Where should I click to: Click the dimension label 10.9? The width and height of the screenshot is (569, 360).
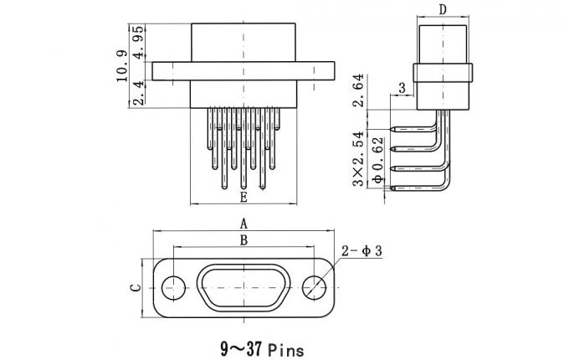[x=122, y=67]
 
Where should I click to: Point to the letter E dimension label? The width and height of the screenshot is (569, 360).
[x=243, y=198]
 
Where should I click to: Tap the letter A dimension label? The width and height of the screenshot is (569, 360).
[x=243, y=224]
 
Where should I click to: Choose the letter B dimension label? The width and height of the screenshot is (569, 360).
[x=243, y=240]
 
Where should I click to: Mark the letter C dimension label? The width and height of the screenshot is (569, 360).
[x=135, y=287]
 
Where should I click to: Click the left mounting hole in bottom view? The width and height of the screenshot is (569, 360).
[x=173, y=286]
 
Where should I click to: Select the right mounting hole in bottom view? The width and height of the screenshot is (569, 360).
[x=315, y=286]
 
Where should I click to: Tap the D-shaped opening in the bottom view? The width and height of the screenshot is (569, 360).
[x=243, y=286]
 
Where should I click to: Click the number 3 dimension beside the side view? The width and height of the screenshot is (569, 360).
[x=402, y=88]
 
